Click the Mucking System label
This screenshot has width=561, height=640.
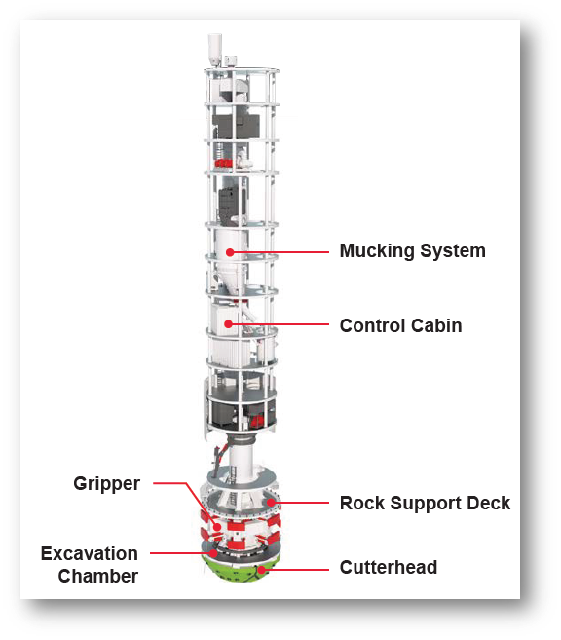[x=412, y=251]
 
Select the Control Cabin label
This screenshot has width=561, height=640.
[x=400, y=325]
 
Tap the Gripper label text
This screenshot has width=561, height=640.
[x=106, y=483]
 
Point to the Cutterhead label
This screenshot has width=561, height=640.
[x=388, y=567]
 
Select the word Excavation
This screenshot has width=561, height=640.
[x=89, y=554]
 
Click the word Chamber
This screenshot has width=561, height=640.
[x=97, y=576]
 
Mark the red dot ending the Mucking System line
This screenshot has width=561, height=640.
[x=231, y=252]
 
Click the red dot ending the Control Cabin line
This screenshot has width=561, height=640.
[x=229, y=324]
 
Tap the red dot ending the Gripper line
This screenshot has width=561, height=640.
[x=205, y=512]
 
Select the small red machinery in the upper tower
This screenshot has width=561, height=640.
[x=226, y=161]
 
